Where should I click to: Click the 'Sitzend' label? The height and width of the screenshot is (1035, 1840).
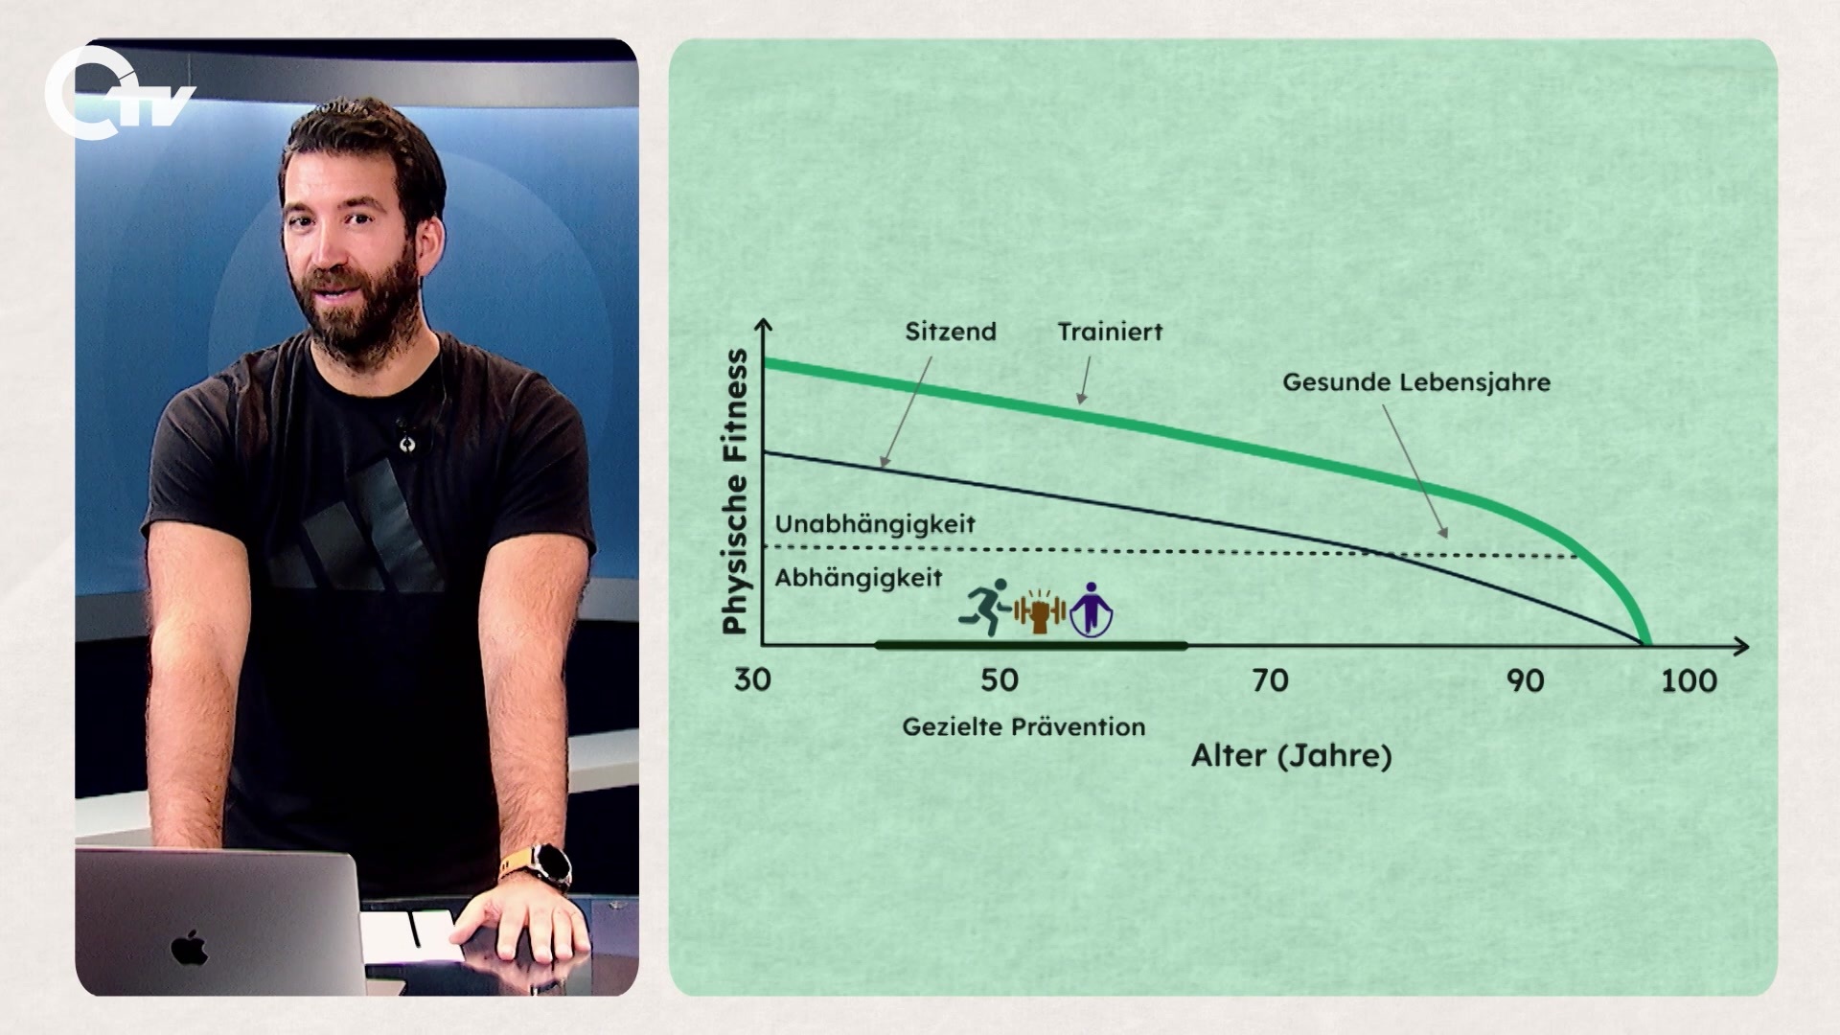(951, 332)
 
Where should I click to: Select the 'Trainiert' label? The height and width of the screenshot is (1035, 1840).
(1110, 332)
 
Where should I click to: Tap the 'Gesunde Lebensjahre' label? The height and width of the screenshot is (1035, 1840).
(1416, 382)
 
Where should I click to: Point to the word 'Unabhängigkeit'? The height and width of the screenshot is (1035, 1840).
(875, 525)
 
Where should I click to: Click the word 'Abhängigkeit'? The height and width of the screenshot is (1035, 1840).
(859, 579)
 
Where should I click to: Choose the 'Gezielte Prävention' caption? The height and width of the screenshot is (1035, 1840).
(1023, 726)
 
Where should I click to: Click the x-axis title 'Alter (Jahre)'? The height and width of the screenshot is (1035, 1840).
(1291, 756)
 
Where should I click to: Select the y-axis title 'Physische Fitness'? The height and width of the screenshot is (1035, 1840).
(736, 492)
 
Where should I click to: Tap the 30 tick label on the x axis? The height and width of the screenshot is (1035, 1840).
(752, 680)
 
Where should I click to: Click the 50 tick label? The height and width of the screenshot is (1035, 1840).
(999, 680)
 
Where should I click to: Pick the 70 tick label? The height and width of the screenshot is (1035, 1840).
(1271, 680)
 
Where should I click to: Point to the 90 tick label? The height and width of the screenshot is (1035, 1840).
(1526, 680)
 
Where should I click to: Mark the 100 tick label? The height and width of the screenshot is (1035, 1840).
(1689, 680)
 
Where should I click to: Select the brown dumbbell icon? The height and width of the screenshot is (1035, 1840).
(1041, 610)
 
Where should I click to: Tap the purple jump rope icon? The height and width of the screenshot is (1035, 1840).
(1092, 609)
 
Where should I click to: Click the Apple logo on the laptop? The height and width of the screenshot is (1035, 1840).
(190, 947)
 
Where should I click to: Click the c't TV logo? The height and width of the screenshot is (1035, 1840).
(120, 94)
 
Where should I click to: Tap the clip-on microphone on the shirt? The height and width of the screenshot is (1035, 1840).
(403, 436)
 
